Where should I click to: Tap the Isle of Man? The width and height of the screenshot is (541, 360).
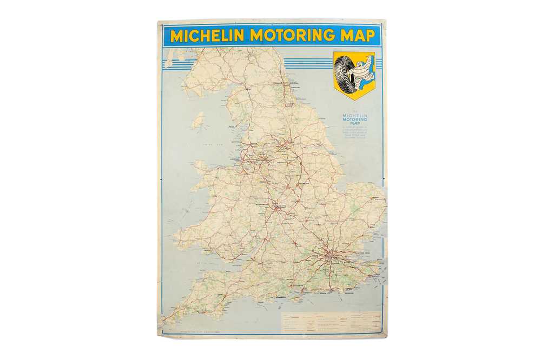click(199, 120)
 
